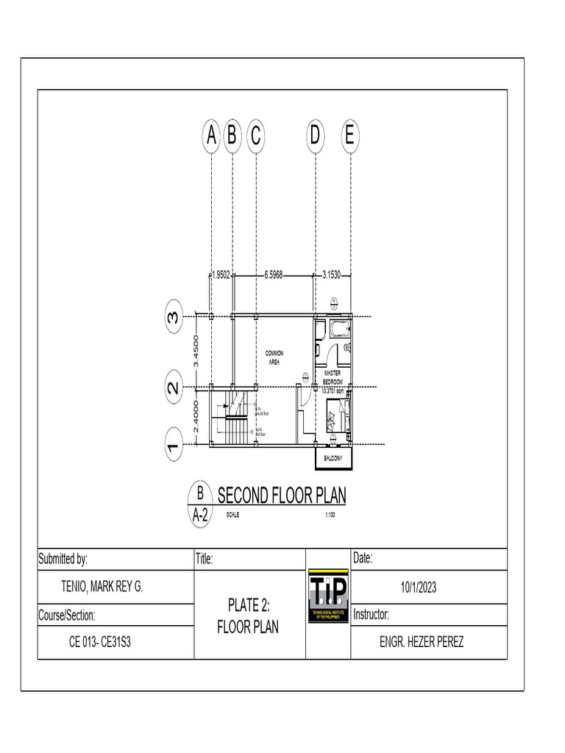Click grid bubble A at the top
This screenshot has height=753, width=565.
(x=211, y=136)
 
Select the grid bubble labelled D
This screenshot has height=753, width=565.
(x=315, y=136)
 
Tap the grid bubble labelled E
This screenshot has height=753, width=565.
(x=349, y=136)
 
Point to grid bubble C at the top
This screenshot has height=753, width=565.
(x=255, y=136)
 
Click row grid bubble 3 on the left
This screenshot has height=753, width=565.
(x=174, y=318)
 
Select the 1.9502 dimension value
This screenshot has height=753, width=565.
(x=221, y=275)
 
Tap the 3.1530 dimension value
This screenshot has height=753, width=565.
(x=333, y=275)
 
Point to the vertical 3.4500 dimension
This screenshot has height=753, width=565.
(x=196, y=351)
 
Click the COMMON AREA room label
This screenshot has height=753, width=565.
(x=274, y=357)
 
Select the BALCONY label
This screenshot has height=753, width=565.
(x=333, y=458)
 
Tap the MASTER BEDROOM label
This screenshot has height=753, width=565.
(x=333, y=376)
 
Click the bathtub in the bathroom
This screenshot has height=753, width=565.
(x=339, y=328)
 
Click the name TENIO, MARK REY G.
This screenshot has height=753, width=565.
(x=102, y=587)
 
